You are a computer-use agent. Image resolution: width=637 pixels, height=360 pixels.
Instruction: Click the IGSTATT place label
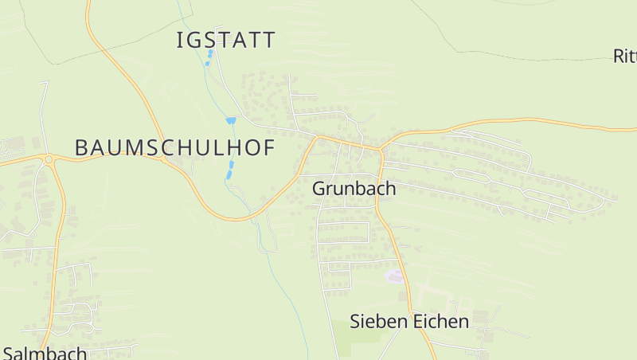point(226,40)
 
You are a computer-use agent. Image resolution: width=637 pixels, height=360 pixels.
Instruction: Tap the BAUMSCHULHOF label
point(174,147)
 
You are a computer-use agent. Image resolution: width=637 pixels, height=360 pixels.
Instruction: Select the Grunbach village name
point(354,189)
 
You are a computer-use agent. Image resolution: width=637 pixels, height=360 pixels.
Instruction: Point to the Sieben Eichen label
point(409,322)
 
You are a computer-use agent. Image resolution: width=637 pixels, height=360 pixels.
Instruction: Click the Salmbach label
point(45,352)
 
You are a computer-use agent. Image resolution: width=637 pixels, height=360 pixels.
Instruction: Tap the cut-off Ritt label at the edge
point(624,56)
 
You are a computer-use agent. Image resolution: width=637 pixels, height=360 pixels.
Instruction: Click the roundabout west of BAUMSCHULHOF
point(49,159)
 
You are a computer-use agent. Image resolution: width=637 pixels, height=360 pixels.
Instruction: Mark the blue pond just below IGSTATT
point(210,55)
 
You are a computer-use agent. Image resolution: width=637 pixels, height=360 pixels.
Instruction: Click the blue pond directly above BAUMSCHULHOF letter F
point(231,120)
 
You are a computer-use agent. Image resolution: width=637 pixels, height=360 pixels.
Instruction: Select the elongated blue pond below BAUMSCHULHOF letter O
point(231,168)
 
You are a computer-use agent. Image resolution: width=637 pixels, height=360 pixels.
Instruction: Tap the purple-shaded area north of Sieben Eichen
point(393,276)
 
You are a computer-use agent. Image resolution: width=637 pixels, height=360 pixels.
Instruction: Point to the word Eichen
point(440,322)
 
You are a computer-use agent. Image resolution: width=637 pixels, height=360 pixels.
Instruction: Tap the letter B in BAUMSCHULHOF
point(81,147)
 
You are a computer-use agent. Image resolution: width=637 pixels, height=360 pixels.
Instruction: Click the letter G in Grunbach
point(319,189)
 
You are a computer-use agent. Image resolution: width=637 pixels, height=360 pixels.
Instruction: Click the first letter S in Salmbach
point(8,352)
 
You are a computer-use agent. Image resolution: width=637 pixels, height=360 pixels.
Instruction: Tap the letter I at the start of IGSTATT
point(179,40)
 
